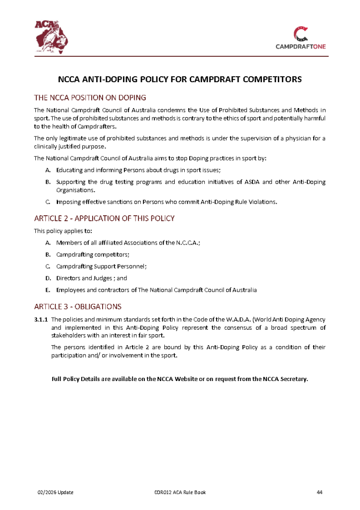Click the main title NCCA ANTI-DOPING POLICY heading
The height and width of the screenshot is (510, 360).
tap(180, 79)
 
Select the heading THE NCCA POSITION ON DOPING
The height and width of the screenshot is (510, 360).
tap(90, 98)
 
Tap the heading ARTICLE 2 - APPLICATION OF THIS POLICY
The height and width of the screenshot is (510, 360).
tap(104, 219)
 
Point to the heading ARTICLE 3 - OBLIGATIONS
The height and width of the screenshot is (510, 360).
tap(78, 306)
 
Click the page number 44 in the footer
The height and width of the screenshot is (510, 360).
tap(320, 493)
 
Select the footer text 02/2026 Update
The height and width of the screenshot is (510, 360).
tap(56, 493)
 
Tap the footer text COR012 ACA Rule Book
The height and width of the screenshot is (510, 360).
tap(180, 493)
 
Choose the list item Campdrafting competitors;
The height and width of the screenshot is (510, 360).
tap(93, 254)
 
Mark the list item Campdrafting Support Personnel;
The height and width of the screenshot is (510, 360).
tap(102, 266)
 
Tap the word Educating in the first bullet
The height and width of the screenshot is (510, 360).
tap(70, 170)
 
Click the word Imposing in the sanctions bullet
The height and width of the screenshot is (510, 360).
tap(70, 202)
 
